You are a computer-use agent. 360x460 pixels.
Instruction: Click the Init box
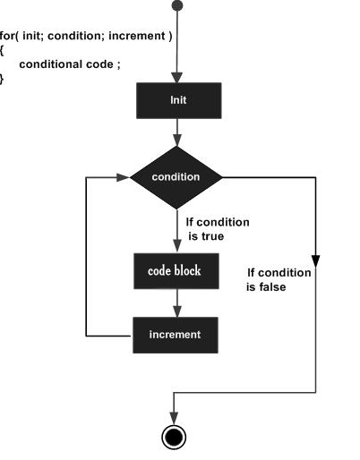pos(179,100)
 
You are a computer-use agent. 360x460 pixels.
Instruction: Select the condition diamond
pos(176,177)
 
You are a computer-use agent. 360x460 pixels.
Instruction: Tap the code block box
pos(176,271)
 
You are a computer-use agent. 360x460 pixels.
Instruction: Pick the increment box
pos(176,335)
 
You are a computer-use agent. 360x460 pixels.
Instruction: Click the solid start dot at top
pos(177,5)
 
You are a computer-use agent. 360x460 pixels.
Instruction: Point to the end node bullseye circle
pos(174,437)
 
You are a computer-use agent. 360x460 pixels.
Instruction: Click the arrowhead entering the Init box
pos(177,77)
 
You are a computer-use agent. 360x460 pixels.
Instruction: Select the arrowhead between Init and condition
pos(177,141)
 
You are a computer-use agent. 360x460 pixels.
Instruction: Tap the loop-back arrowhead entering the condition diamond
pos(123,177)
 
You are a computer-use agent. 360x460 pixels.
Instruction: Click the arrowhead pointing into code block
pos(177,246)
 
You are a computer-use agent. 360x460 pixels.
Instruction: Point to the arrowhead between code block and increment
pos(177,311)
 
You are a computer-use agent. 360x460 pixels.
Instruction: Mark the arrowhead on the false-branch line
pos(315,261)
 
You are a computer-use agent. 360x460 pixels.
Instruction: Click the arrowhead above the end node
pos(174,418)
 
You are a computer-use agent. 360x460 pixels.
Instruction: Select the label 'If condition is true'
pos(218,229)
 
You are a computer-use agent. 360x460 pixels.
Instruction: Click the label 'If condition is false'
pos(279,280)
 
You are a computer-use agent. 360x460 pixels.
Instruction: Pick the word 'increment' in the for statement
pos(137,36)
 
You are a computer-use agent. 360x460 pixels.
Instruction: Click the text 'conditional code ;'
pos(70,64)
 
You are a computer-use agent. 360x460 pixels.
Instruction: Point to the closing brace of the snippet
pos(2,79)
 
